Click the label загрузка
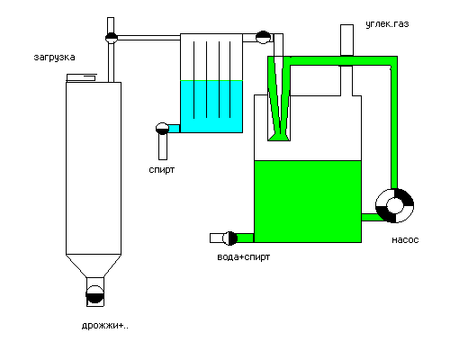pyautogui.click(x=54, y=57)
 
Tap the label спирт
pyautogui.click(x=162, y=170)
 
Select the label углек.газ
pyautogui.click(x=387, y=24)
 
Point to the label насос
pyautogui.click(x=405, y=240)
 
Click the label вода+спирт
pyautogui.click(x=244, y=257)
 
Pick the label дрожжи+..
pyautogui.click(x=105, y=326)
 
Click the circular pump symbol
pyautogui.click(x=395, y=206)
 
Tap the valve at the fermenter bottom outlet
pyautogui.click(x=95, y=294)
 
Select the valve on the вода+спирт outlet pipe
pyautogui.click(x=229, y=238)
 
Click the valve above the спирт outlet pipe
pyautogui.click(x=162, y=129)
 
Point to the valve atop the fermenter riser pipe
pyautogui.click(x=112, y=38)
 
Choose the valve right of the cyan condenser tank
pyautogui.click(x=264, y=38)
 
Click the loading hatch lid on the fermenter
pyautogui.click(x=81, y=77)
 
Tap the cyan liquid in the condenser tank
pyautogui.click(x=211, y=106)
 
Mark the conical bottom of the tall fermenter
pyautogui.click(x=94, y=266)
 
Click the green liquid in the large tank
pyautogui.click(x=308, y=202)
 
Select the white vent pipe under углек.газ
pyautogui.click(x=346, y=40)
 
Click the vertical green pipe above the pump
pyautogui.click(x=394, y=126)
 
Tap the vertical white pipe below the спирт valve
pyautogui.click(x=163, y=147)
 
